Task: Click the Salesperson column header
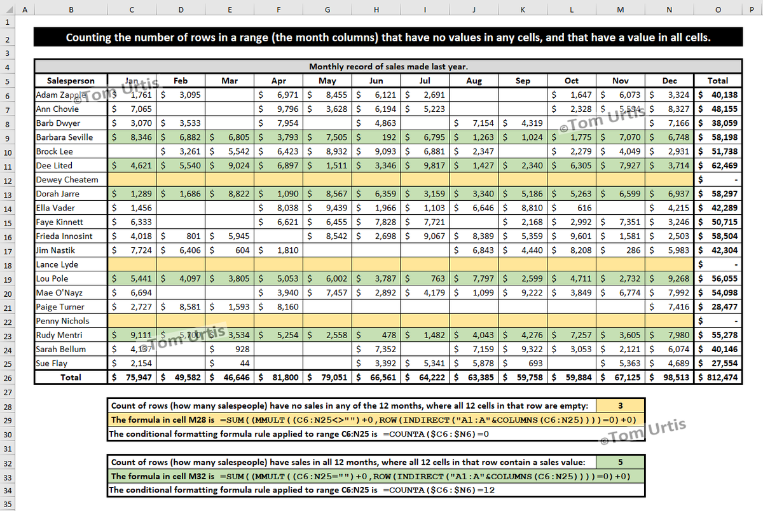tap(71, 81)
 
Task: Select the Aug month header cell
tap(474, 81)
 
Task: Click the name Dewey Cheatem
tap(67, 180)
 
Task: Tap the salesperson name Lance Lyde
tap(57, 264)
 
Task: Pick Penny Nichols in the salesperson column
tap(62, 321)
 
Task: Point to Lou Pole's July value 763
tap(437, 278)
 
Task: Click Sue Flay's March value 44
tap(241, 364)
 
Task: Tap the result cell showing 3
tap(620, 405)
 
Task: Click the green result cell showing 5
tap(620, 462)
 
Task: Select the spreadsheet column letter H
tap(376, 10)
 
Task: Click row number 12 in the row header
tap(8, 180)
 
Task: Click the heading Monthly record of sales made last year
tap(388, 66)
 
